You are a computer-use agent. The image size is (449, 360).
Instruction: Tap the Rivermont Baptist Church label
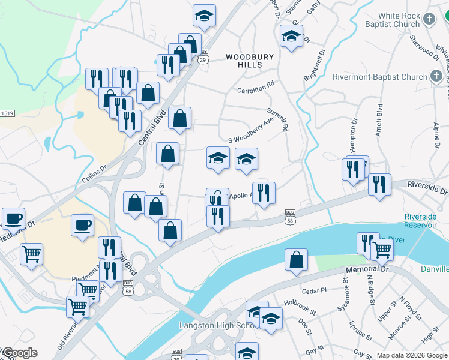(x=380, y=77)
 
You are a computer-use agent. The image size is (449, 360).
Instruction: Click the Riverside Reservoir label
(x=420, y=220)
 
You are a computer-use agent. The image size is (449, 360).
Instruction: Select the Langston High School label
(x=217, y=325)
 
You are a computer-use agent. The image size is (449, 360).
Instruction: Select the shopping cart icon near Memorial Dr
(x=382, y=250)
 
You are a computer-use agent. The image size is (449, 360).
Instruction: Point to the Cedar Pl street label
(x=314, y=290)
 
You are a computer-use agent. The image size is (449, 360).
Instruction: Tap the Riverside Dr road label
(x=427, y=188)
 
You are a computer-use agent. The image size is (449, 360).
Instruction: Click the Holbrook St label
(x=300, y=306)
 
